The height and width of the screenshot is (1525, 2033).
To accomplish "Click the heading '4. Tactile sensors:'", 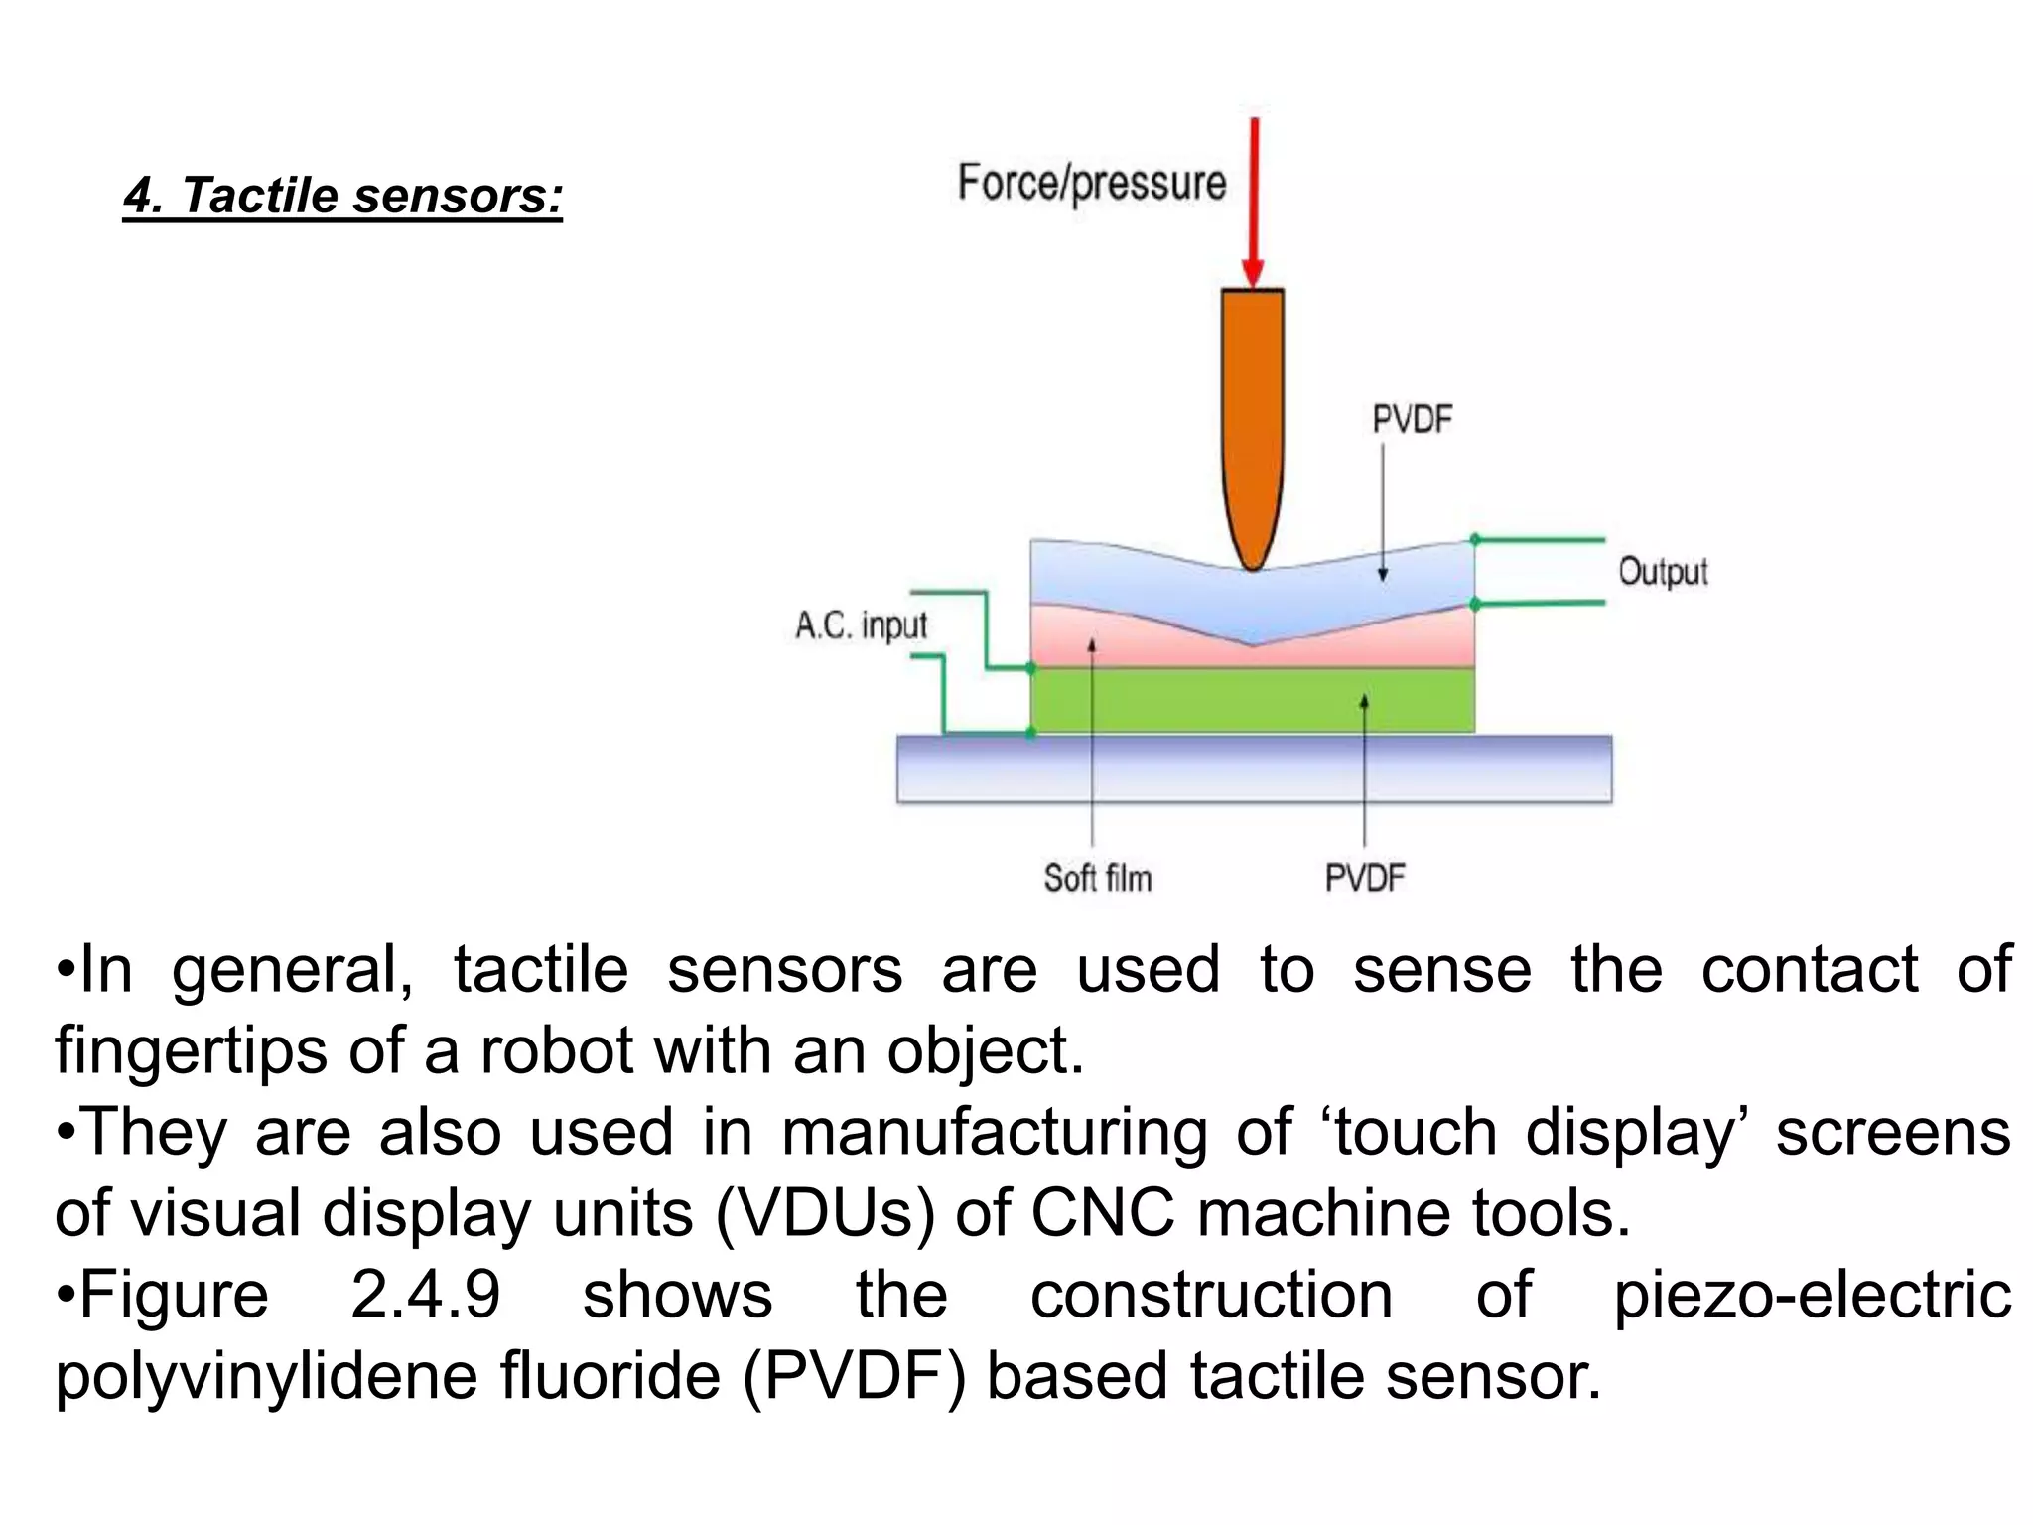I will (342, 195).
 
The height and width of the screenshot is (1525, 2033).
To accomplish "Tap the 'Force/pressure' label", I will (1092, 184).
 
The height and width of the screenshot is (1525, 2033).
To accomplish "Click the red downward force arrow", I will (1254, 199).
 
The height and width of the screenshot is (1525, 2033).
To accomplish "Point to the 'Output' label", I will (1663, 572).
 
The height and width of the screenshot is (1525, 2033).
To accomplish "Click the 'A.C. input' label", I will (861, 625).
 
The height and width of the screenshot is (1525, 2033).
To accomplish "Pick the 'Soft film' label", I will (1098, 878).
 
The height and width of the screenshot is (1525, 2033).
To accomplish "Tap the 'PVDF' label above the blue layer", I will (1412, 420).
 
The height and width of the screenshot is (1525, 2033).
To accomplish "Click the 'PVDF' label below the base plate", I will (1365, 878).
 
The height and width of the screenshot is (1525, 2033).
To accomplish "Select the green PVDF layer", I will (1253, 700).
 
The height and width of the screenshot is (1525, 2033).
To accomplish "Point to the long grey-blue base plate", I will (1254, 769).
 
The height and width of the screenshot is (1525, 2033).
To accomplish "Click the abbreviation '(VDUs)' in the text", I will (825, 1213).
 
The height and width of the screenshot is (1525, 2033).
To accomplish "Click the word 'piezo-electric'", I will (1812, 1295).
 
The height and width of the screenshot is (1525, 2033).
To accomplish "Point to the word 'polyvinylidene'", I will (267, 1376).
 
